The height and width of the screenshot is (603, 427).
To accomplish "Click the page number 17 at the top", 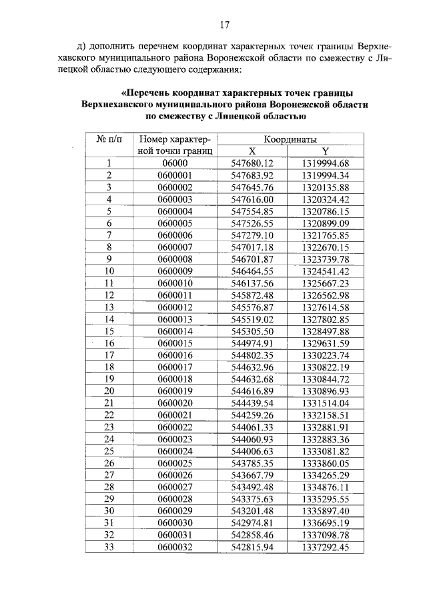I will pos(224,25).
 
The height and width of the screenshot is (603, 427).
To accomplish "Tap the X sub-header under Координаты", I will pos(252,151).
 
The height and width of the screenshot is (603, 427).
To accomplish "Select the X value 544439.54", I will pos(252,403).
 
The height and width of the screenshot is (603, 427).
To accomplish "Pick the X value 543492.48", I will pos(252,487).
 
